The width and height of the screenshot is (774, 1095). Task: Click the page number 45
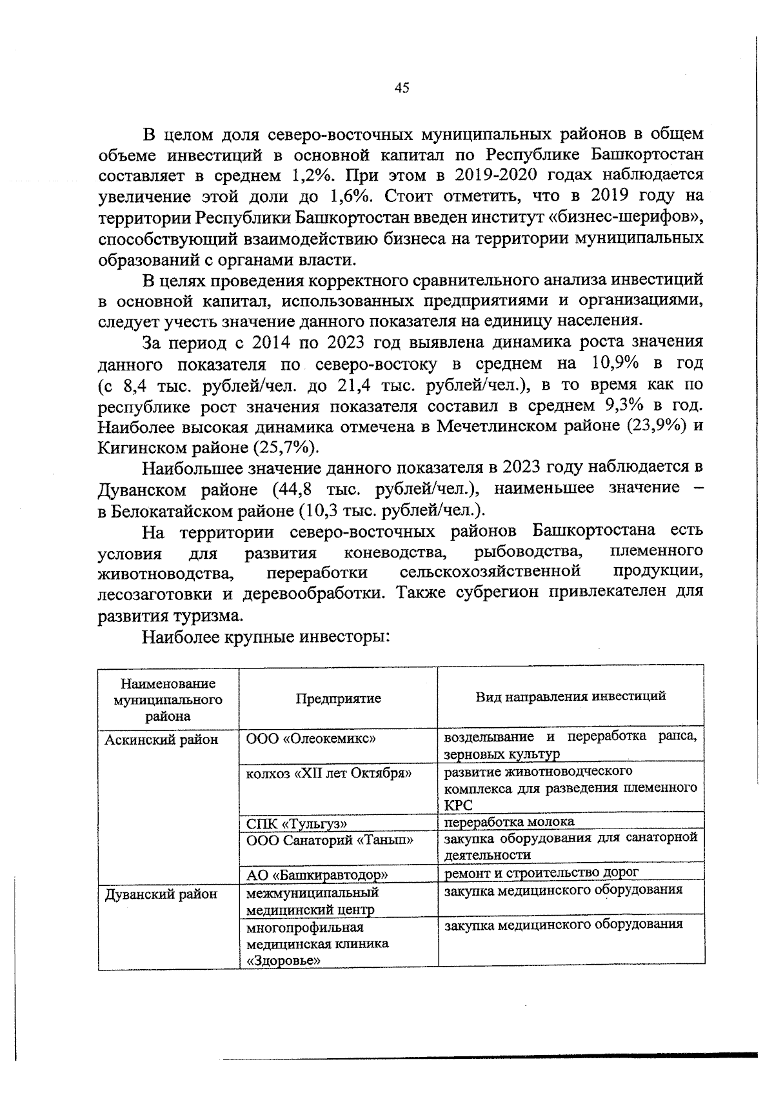point(401,88)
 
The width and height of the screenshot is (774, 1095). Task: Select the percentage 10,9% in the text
point(613,364)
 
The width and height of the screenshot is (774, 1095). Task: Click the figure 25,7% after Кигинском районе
point(283,447)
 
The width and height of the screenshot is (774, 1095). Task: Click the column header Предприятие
point(338,699)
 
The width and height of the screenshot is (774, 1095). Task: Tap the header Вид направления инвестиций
point(571,697)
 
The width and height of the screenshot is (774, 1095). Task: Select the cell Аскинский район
point(161,740)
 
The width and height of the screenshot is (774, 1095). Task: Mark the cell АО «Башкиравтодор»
point(317,875)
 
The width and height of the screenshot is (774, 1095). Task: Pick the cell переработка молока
point(509,821)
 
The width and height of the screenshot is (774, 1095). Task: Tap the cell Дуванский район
point(161,894)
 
